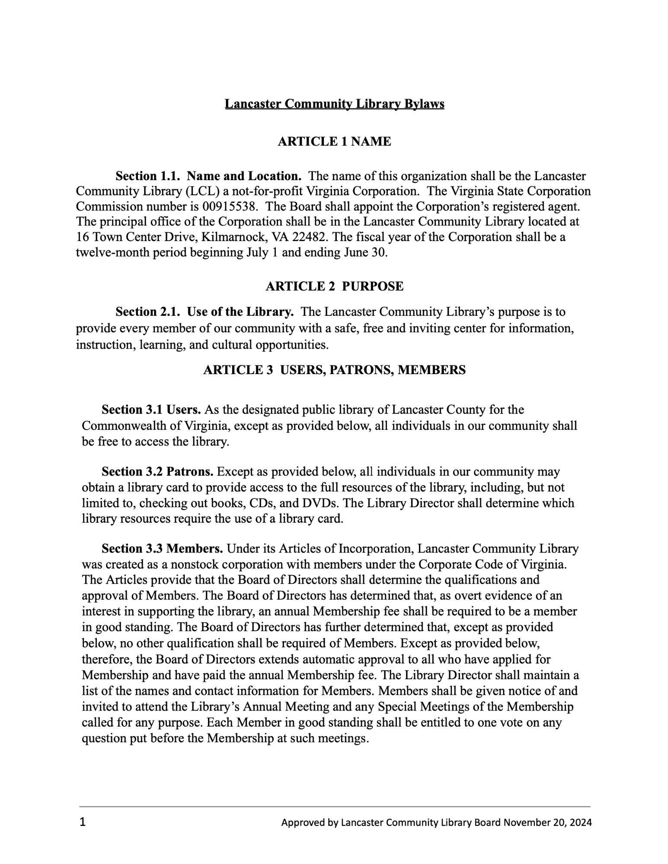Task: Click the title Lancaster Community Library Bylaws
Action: click(334, 104)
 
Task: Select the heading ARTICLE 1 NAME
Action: click(334, 142)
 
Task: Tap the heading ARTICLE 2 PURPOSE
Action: click(334, 286)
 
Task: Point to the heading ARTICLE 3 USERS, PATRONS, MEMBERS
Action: click(334, 370)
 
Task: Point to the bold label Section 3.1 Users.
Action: click(151, 410)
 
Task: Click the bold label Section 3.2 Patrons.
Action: click(157, 471)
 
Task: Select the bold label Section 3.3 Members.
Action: click(162, 549)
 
